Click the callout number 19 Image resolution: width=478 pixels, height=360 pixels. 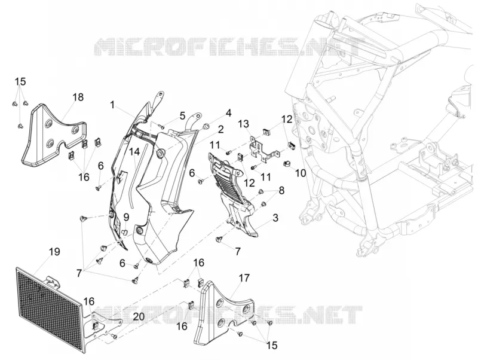click(x=54, y=252)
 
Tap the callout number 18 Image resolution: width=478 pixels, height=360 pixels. click(x=78, y=97)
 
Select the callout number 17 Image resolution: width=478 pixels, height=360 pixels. click(x=244, y=278)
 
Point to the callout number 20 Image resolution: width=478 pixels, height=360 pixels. click(x=139, y=317)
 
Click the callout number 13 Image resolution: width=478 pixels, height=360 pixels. click(x=244, y=124)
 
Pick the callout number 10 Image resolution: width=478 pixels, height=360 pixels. click(x=301, y=173)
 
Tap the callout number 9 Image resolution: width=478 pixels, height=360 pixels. click(x=126, y=217)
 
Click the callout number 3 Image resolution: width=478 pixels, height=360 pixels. click(x=275, y=218)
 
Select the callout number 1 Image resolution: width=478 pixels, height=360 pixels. click(x=112, y=105)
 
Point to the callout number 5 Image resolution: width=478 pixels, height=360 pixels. click(x=182, y=115)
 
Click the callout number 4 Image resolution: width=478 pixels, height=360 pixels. click(x=228, y=113)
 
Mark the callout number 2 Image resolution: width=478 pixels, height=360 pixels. click(x=220, y=129)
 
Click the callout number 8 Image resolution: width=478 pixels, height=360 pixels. click(x=281, y=190)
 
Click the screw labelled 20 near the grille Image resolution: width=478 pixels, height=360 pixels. click(x=115, y=336)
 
